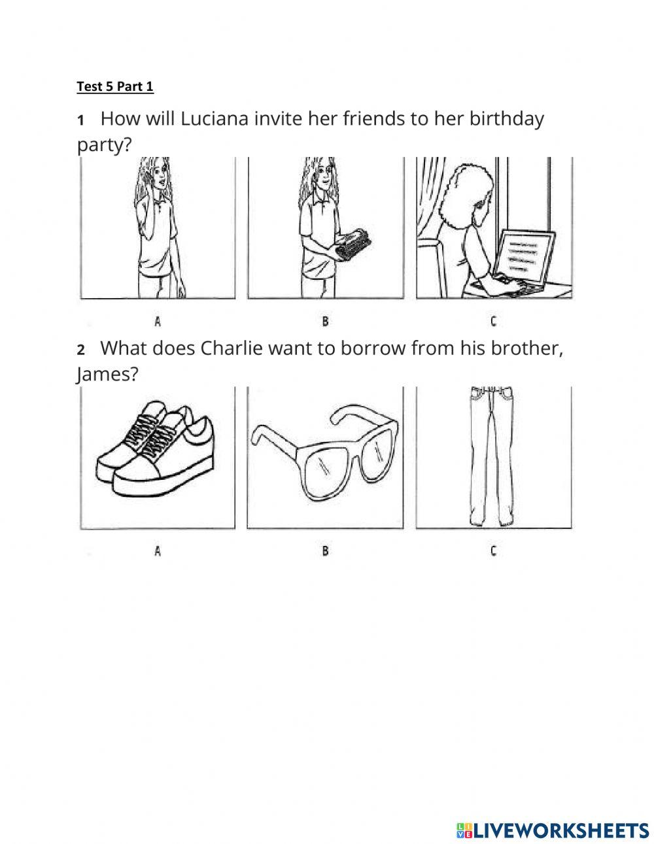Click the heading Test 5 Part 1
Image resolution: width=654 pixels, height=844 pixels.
(115, 86)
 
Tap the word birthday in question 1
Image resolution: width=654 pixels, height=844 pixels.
(507, 119)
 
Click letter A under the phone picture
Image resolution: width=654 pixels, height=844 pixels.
(158, 321)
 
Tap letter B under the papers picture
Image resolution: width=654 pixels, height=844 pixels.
(325, 321)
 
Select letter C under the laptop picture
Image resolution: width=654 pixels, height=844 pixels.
(493, 321)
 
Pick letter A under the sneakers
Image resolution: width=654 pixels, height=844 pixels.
(158, 551)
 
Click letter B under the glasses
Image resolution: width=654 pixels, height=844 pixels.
(325, 551)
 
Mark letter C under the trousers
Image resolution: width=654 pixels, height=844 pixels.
(493, 551)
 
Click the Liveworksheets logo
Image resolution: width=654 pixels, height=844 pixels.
(553, 830)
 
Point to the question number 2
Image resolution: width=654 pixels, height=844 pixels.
(81, 350)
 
